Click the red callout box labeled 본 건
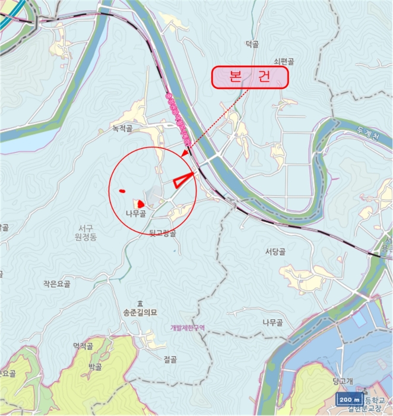coord(250,78)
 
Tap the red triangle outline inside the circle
coord(184,179)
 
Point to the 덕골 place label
coord(253,43)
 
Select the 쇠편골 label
coord(284,61)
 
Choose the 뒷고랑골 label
coord(163,234)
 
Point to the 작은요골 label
coord(57,285)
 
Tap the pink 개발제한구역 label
coord(186,327)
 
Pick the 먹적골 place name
coord(83,346)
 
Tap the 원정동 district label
coord(89,237)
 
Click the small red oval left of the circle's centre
coord(122,191)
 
